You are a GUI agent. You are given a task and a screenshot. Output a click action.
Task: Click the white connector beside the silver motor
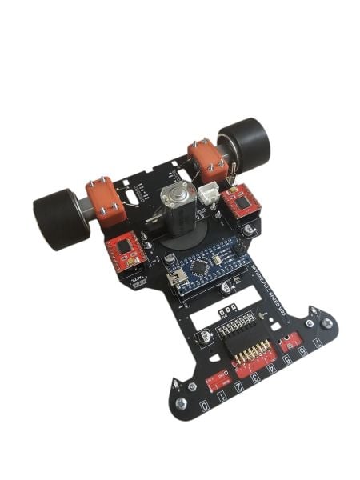[209, 194]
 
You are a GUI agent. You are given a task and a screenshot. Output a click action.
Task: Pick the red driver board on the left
[125, 252]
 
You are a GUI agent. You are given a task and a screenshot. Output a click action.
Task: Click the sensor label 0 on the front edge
[206, 406]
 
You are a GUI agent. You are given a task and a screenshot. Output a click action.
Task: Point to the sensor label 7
[318, 345]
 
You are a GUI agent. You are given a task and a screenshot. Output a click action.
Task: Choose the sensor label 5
[288, 358]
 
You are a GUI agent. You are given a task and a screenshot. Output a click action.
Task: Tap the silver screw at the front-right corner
[326, 322]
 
